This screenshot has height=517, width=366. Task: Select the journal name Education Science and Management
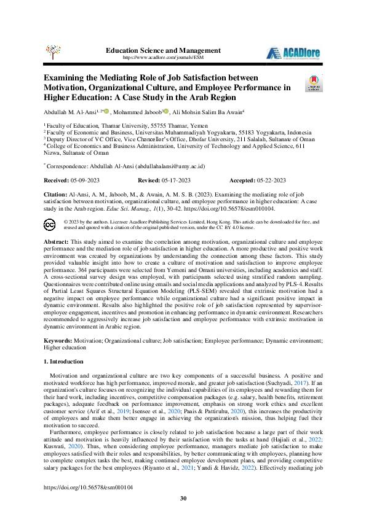[x=163, y=50]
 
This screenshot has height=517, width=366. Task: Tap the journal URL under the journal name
[x=163, y=57]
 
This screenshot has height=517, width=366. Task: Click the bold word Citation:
[x=57, y=193]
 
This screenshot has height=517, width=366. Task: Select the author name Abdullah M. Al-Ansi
[x=69, y=112]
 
